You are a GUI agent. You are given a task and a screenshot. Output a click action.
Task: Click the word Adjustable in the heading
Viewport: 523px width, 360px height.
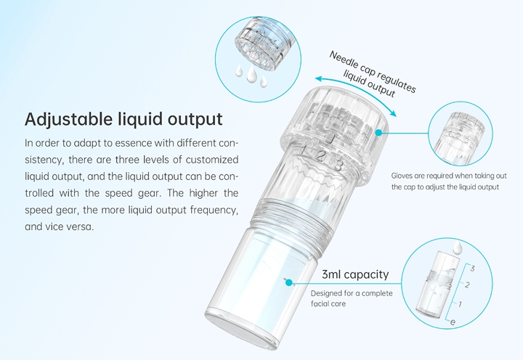click(68, 120)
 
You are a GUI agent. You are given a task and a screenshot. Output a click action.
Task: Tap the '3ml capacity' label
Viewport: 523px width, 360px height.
click(355, 274)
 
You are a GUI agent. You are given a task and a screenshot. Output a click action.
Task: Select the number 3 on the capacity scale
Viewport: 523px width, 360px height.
click(472, 268)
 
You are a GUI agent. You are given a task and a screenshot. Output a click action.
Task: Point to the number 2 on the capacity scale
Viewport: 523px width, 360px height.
click(467, 285)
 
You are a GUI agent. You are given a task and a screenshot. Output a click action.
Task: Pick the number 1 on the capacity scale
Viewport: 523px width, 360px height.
click(460, 304)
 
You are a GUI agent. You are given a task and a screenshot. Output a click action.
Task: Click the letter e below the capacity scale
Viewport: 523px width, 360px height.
click(453, 322)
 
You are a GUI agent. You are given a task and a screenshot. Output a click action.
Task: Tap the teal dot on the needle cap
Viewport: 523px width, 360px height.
click(378, 133)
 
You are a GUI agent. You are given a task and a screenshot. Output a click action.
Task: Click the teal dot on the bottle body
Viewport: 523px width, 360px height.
click(289, 283)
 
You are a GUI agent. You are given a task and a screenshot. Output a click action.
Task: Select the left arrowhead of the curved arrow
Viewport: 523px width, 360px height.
click(319, 79)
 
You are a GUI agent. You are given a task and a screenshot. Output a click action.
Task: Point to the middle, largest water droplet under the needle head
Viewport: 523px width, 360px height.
click(251, 73)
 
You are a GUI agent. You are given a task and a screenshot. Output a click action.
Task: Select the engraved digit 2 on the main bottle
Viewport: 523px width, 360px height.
click(320, 155)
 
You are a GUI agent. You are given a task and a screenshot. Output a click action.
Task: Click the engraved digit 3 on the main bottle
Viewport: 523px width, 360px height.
click(338, 165)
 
